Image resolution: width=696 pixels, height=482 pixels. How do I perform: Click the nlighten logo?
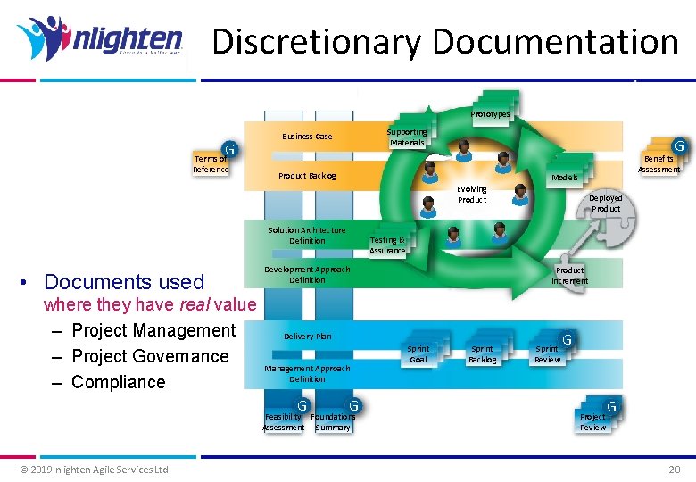[x=99, y=40]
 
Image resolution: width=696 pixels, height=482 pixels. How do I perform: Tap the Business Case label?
[x=307, y=137]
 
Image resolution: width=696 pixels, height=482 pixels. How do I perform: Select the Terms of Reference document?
[x=211, y=163]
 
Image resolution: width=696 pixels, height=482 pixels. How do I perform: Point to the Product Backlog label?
[x=307, y=176]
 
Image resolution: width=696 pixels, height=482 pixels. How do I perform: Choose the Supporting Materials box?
[x=407, y=137]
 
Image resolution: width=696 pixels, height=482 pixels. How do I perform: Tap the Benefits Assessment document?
[x=659, y=163]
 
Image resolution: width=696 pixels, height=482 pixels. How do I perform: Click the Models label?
[x=564, y=177]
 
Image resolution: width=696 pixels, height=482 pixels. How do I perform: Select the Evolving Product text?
[x=472, y=194]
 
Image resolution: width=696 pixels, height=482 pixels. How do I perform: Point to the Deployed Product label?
[x=606, y=204]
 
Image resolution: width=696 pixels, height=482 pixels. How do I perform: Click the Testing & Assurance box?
[x=387, y=245]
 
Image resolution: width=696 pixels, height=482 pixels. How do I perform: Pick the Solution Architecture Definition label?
[x=307, y=236]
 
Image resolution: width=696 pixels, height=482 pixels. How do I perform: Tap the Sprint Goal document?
[x=418, y=353]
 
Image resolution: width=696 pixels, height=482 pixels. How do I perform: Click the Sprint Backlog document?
[x=483, y=353]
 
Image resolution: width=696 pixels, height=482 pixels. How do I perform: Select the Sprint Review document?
[x=548, y=353]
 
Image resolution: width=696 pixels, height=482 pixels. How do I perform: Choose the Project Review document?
[x=593, y=421]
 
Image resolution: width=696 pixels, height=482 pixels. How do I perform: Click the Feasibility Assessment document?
[x=284, y=421]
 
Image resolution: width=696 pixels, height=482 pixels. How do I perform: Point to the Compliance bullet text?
[x=118, y=382]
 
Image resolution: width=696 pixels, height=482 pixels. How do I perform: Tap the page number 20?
[x=674, y=470]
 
